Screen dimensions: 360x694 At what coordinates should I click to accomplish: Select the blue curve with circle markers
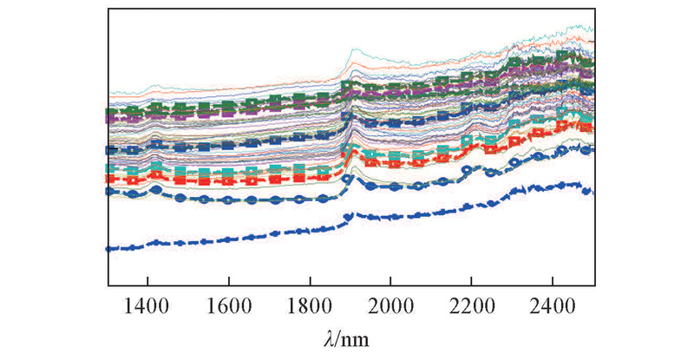260,200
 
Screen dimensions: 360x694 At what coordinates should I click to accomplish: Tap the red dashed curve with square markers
260,178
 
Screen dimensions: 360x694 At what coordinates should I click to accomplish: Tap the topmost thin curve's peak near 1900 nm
353,50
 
